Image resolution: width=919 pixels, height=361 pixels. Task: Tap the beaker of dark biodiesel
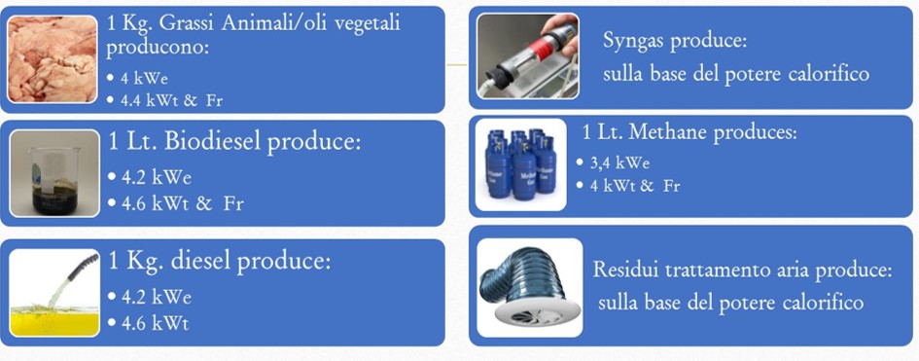54,173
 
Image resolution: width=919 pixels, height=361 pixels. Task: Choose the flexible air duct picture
530,289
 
